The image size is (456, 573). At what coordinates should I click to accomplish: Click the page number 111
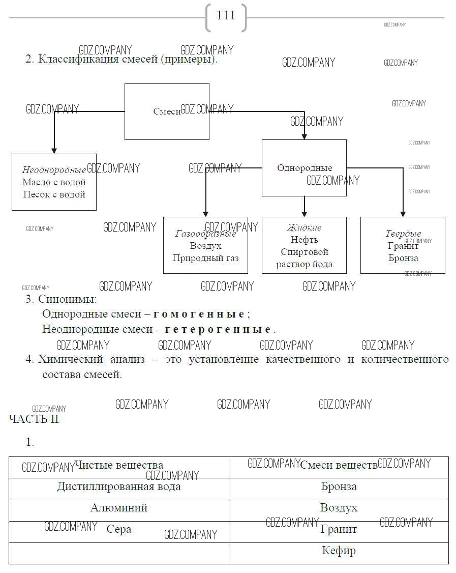[x=226, y=16]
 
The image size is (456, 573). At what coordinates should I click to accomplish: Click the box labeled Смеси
[x=167, y=111]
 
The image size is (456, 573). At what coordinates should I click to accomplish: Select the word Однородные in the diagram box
[x=304, y=168]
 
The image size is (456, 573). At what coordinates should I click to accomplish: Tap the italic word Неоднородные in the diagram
[x=54, y=170]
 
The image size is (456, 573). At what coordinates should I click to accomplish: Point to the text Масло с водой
[x=54, y=182]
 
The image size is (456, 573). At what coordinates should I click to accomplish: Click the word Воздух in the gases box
[x=206, y=246]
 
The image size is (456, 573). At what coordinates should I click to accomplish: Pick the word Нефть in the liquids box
[x=304, y=240]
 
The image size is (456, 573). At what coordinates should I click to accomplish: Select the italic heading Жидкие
[x=304, y=227]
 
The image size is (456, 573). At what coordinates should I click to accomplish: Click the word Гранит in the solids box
[x=403, y=246]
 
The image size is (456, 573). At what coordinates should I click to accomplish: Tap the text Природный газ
[x=206, y=258]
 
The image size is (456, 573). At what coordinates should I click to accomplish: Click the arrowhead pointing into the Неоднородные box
[x=54, y=150]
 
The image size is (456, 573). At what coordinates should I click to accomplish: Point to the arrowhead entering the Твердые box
[x=403, y=213]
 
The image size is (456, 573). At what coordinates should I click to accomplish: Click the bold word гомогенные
[x=199, y=314]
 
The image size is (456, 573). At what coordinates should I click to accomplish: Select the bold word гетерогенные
[x=218, y=329]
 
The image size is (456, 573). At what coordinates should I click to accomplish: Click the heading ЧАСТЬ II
[x=34, y=419]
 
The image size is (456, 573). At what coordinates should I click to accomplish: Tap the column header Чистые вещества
[x=119, y=465]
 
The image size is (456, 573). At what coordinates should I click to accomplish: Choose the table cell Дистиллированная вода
[x=119, y=486]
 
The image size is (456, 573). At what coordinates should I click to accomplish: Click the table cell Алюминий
[x=119, y=508]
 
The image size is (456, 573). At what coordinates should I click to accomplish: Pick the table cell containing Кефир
[x=339, y=551]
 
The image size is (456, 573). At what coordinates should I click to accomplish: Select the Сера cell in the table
[x=119, y=529]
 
